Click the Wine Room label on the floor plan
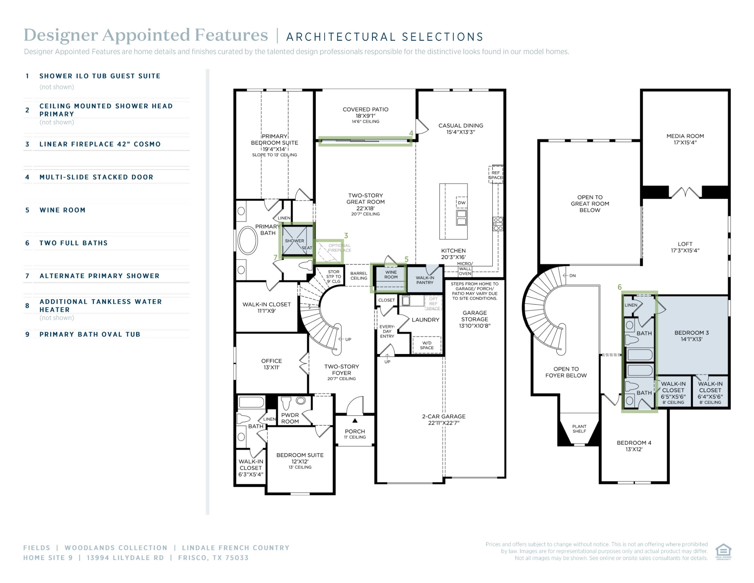pos(391,274)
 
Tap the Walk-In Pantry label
pos(425,280)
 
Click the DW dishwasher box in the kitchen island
pos(461,203)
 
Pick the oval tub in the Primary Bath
pos(248,240)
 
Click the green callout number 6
pos(619,287)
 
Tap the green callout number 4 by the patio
pos(411,133)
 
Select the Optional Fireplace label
pos(339,248)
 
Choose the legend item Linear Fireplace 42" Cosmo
pos(100,144)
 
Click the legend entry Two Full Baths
pos(74,243)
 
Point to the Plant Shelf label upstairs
pos(579,429)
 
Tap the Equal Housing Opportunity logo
pos(723,552)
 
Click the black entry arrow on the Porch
pos(355,420)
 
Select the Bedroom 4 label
pos(634,446)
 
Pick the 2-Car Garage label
pos(444,420)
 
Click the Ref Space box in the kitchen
pos(496,174)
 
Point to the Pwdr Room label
pos(290,418)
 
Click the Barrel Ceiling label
pos(359,276)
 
